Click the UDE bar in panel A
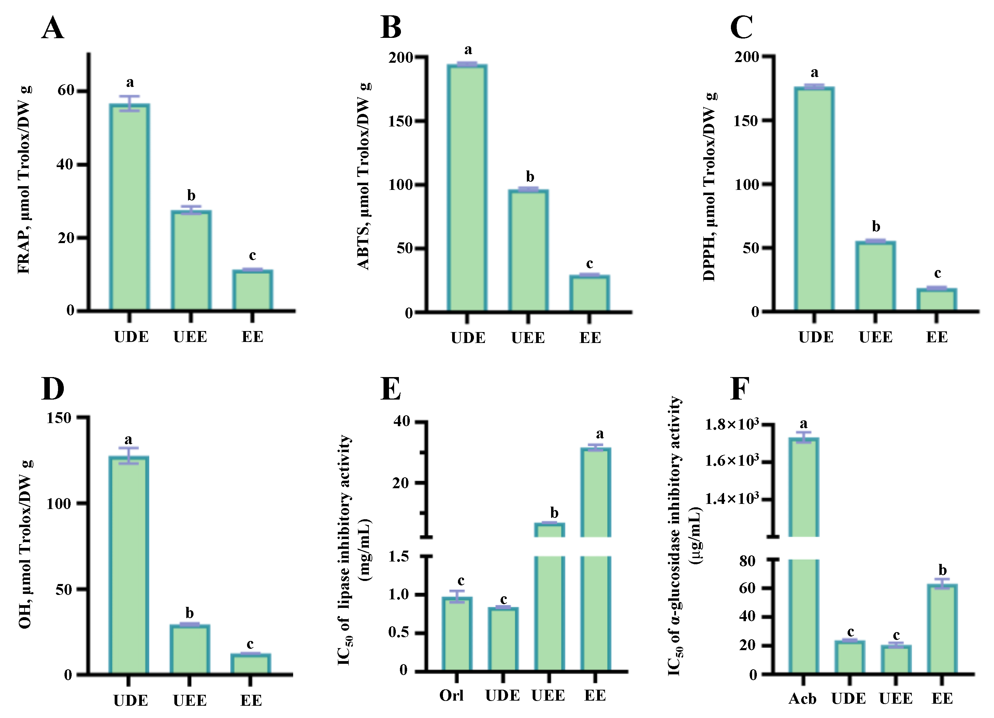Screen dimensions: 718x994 tap(130, 207)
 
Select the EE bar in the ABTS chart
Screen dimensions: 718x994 tap(590, 293)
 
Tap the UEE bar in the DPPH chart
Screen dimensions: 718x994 tap(875, 276)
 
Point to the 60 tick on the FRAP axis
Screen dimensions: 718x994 tap(66, 91)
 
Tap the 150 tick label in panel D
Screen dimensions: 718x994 tap(59, 418)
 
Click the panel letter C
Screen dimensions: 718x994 tap(741, 27)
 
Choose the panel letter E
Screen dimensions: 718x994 tap(390, 389)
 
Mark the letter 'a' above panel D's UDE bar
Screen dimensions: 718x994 tap(128, 439)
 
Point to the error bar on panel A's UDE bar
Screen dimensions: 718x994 tap(130, 103)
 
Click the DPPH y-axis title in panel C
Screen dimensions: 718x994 tap(709, 186)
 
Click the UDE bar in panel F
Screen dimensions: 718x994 tap(849, 657)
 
